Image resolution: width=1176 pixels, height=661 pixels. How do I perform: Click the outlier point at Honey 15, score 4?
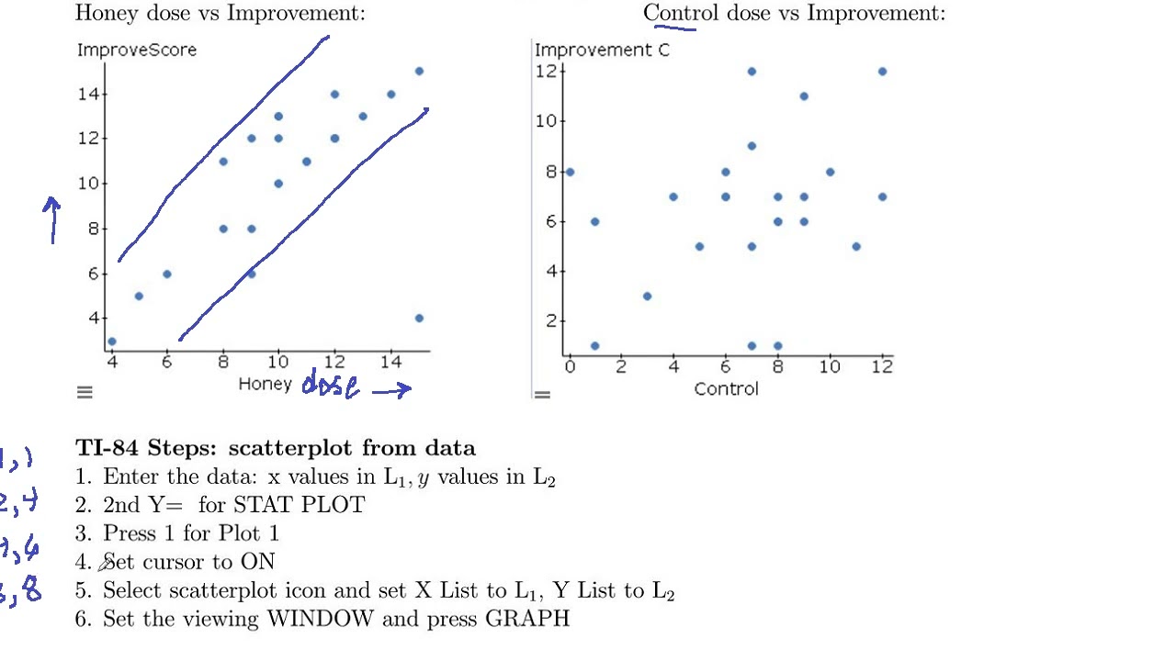click(x=419, y=319)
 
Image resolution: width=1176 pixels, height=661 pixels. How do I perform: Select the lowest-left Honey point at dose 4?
click(x=112, y=342)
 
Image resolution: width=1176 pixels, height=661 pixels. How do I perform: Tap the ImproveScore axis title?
click(x=137, y=50)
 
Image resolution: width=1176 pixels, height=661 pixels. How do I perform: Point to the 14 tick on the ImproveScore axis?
click(x=93, y=94)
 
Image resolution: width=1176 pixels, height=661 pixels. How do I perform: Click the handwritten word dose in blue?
click(x=331, y=386)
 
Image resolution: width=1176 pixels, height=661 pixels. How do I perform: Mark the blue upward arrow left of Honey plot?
click(x=52, y=220)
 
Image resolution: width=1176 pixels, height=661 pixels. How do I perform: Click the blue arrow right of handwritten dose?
click(x=391, y=389)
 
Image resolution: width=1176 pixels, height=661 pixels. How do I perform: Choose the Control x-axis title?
click(x=727, y=389)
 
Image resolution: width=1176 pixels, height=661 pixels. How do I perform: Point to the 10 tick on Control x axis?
click(x=831, y=367)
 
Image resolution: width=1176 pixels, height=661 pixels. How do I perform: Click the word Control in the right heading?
click(x=682, y=13)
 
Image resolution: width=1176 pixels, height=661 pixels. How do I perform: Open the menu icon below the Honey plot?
click(x=85, y=393)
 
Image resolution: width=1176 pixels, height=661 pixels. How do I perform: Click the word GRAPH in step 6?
click(x=527, y=619)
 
